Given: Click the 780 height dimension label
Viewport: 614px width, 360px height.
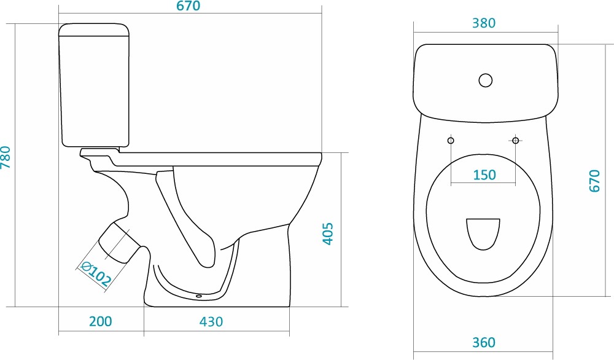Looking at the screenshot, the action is click(x=6, y=157).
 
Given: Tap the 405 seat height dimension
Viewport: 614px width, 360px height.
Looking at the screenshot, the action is click(x=328, y=234).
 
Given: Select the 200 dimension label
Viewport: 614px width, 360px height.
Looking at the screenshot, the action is click(x=101, y=321).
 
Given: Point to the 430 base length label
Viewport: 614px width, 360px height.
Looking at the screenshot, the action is click(x=211, y=322).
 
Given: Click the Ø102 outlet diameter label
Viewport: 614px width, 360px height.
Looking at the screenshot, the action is click(x=96, y=273).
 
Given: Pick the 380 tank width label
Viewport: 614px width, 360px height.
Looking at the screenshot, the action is click(x=484, y=23).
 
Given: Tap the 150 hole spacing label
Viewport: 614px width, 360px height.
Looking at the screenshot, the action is click(x=484, y=174).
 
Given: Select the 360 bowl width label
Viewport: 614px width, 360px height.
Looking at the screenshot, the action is click(x=484, y=343).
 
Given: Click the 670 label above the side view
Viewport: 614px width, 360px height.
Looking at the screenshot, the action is click(x=188, y=6).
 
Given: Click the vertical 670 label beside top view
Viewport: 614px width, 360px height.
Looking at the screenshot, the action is click(x=594, y=181).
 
